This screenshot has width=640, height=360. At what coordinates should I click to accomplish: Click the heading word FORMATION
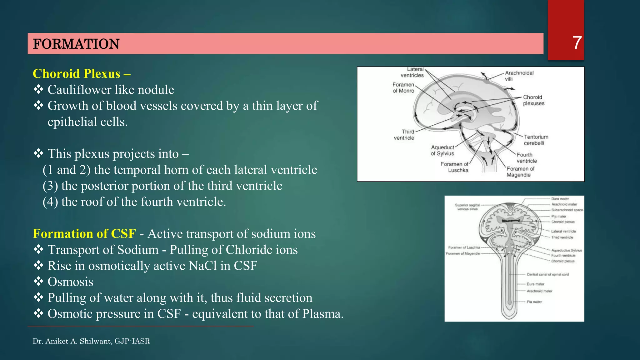[x=76, y=44]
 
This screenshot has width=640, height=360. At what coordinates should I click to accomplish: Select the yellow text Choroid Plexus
[x=77, y=74]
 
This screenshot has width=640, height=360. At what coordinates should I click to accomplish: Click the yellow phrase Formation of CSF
[x=84, y=234]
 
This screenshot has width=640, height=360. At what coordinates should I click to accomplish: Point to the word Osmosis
[x=70, y=282]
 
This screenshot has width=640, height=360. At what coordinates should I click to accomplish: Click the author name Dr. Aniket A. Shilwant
[x=72, y=341]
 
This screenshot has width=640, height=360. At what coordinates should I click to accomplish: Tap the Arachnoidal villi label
[x=519, y=76]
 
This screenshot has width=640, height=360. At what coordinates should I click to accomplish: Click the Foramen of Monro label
[x=403, y=88]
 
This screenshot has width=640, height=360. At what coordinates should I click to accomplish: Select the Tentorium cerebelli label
[x=536, y=140]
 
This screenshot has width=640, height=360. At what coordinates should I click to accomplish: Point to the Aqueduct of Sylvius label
[x=442, y=150]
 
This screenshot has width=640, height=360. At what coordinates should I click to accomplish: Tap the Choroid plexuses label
[x=533, y=100]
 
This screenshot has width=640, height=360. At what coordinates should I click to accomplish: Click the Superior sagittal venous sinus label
[x=467, y=207]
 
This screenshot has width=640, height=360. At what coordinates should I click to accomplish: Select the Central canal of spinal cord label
[x=547, y=274]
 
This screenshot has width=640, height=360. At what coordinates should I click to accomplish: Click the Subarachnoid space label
[x=567, y=210]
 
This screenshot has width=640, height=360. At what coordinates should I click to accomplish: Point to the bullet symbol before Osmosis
[x=38, y=282]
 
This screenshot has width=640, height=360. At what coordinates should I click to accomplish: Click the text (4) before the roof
[x=50, y=202]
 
